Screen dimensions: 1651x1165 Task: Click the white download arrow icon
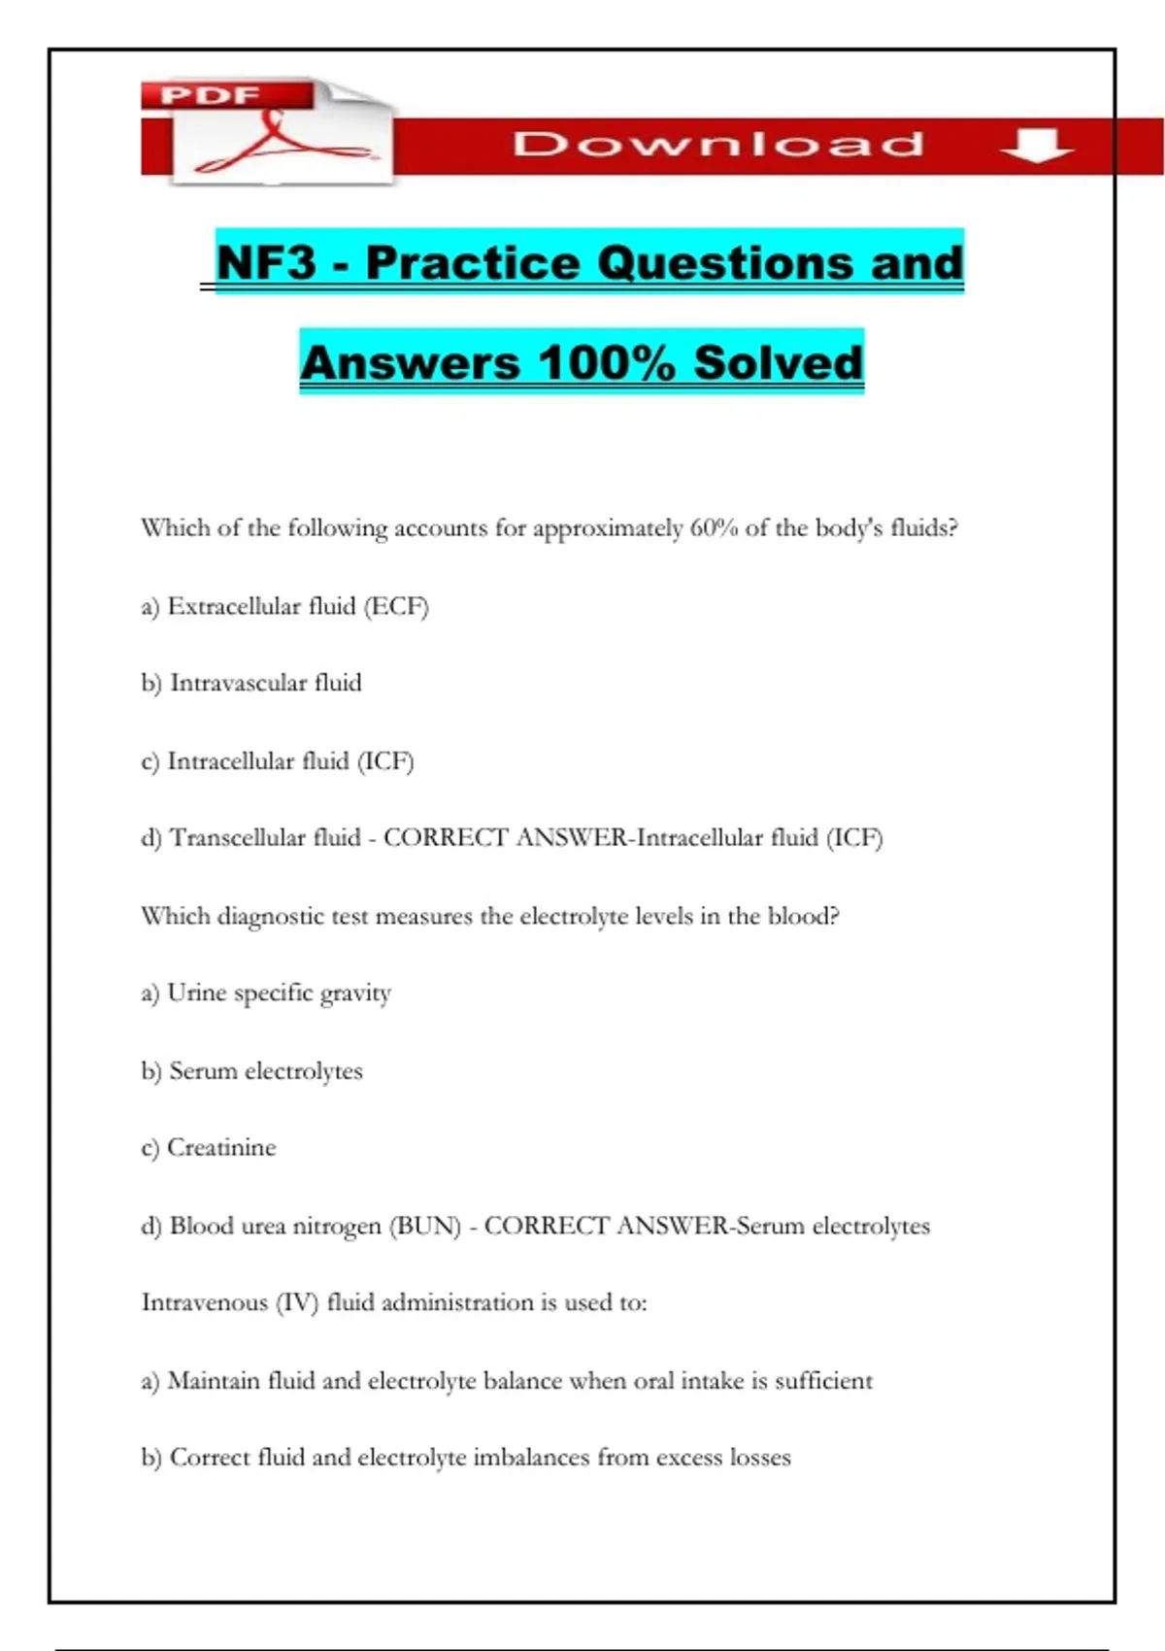coord(1036,147)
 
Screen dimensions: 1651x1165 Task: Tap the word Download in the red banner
coord(718,145)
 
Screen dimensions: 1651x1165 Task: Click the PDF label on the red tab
coord(210,95)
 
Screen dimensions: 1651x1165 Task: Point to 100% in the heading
coord(607,362)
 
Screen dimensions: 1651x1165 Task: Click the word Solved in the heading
coord(779,362)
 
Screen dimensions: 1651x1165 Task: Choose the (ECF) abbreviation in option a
coord(396,607)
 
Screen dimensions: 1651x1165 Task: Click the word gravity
coord(355,994)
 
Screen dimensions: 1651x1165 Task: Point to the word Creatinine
coord(221,1148)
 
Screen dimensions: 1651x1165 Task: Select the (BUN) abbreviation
coord(425,1226)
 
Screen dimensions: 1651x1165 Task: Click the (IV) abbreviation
coord(297,1302)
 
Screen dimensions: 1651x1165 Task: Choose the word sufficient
coord(823,1380)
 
